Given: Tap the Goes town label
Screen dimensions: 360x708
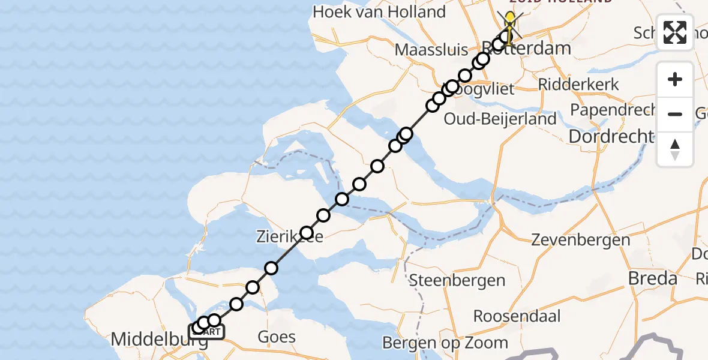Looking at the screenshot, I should click(x=277, y=337).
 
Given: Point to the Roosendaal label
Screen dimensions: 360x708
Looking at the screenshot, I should click(x=517, y=316).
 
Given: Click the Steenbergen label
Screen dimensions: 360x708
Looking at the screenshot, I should click(x=457, y=280).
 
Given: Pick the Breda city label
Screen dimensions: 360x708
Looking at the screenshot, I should click(x=652, y=278).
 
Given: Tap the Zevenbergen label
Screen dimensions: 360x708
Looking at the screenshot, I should click(x=580, y=241).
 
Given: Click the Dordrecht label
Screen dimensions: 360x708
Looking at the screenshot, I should click(x=610, y=137).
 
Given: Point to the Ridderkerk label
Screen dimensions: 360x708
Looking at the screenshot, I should click(x=578, y=84).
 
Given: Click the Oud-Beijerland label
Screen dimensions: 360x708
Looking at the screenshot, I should click(x=500, y=119).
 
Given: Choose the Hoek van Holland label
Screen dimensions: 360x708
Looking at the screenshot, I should click(x=379, y=12).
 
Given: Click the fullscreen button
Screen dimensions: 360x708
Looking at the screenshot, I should click(x=675, y=32).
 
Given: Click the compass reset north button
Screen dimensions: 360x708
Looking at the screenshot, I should click(x=675, y=149).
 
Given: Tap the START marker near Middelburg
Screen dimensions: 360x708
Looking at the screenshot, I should click(x=208, y=332).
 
